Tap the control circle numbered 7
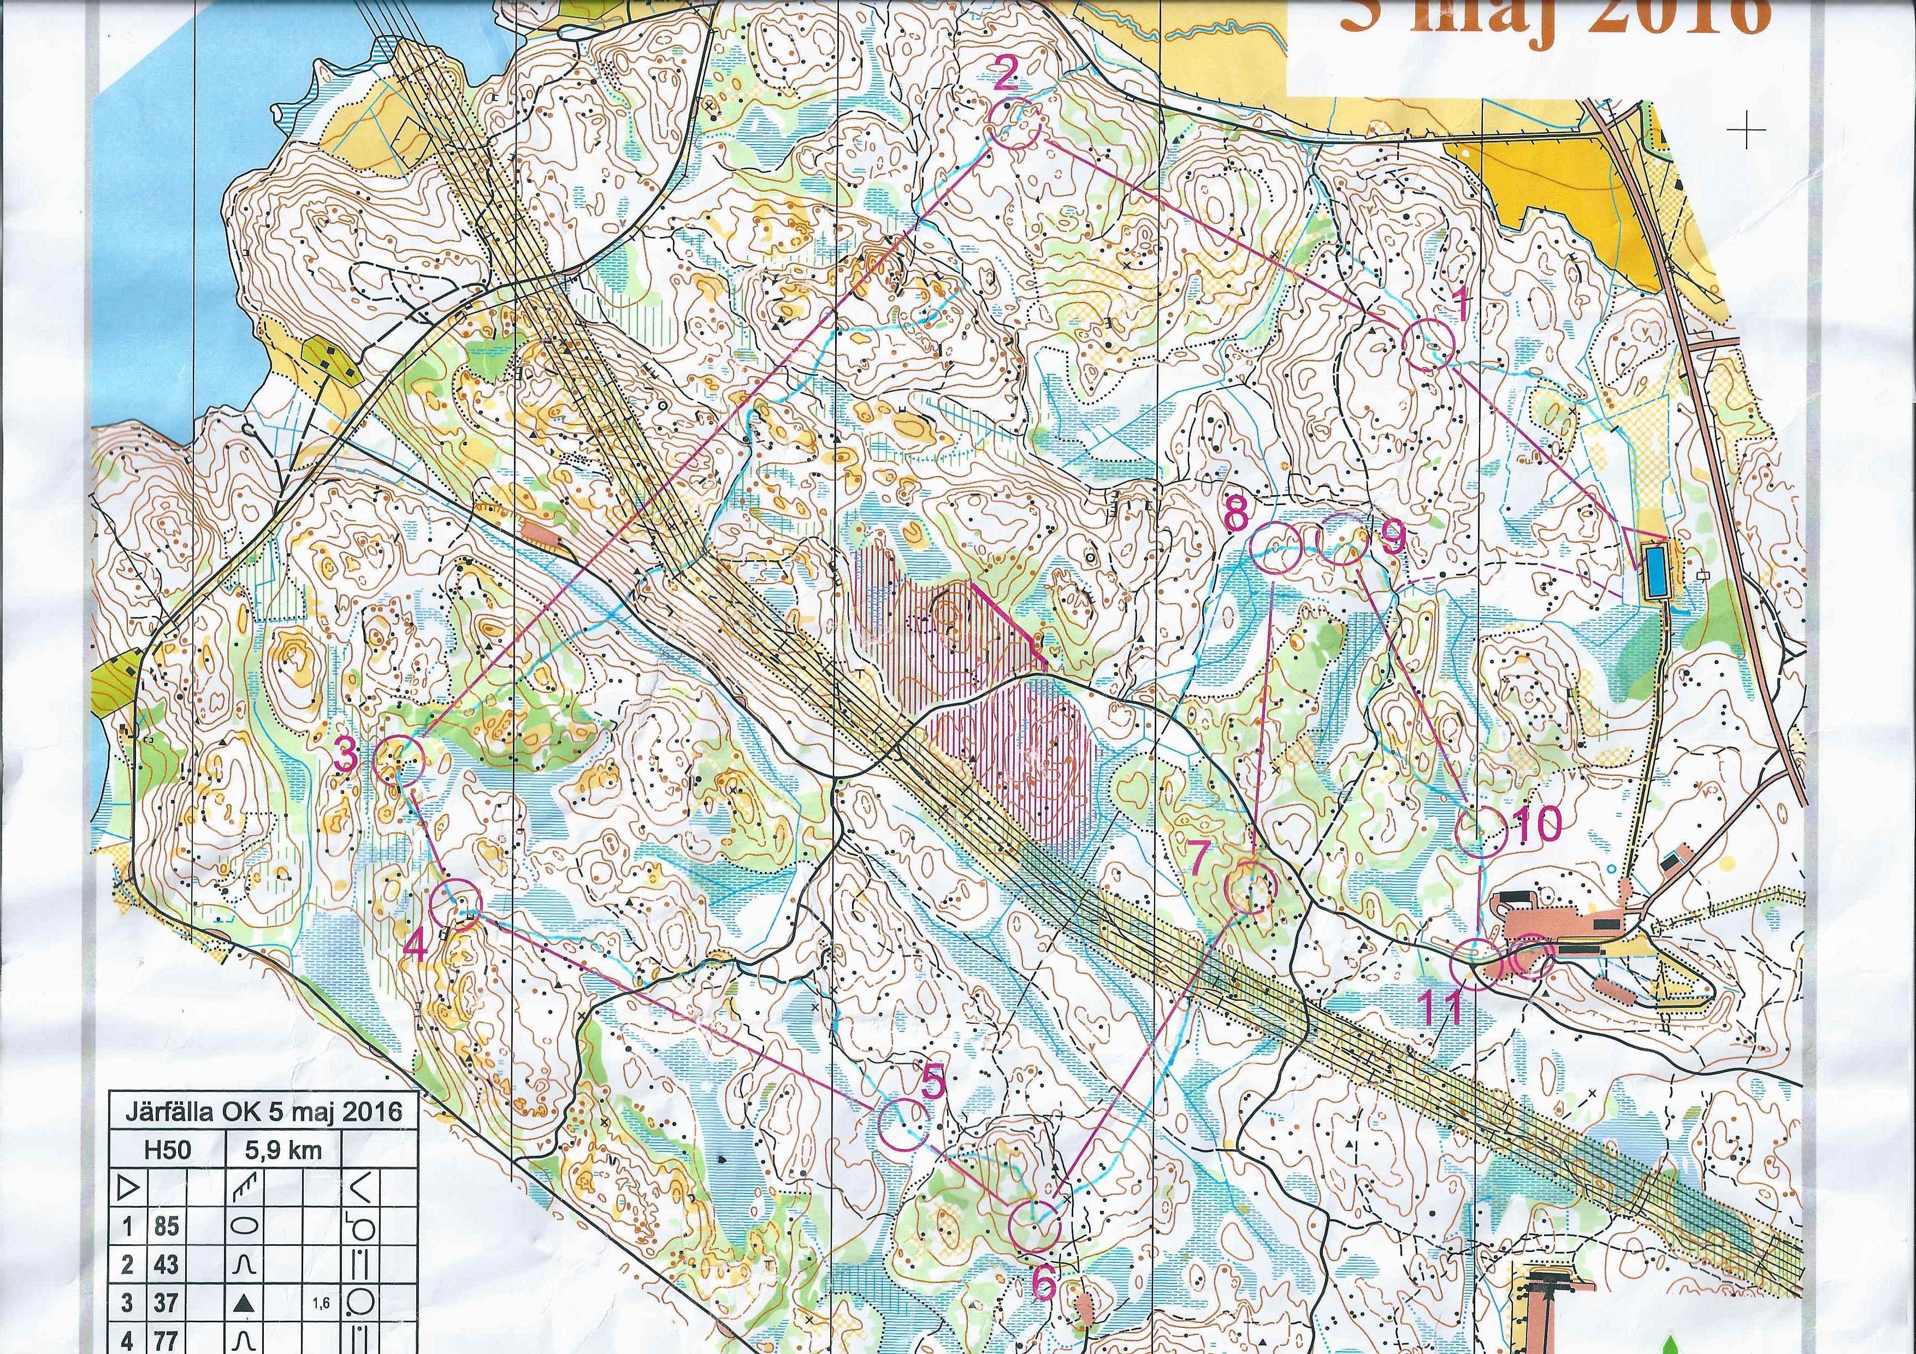[1250, 888]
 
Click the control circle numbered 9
[1340, 540]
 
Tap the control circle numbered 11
[1475, 965]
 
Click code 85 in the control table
[166, 1226]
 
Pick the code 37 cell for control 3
[166, 1302]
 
